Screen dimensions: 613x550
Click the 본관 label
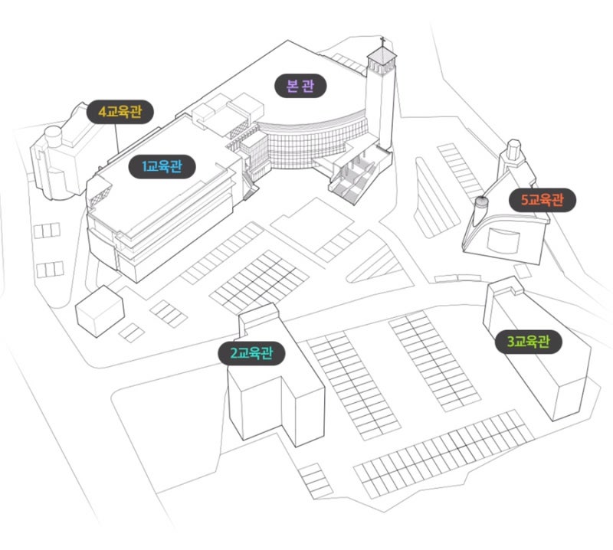point(300,86)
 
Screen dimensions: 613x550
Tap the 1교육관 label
point(162,166)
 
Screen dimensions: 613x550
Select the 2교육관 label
point(251,353)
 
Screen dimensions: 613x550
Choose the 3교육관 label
point(529,342)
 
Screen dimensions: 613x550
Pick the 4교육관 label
point(120,112)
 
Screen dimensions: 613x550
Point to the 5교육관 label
point(543,200)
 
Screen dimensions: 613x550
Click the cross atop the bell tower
point(383,41)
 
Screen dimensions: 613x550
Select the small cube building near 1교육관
point(100,311)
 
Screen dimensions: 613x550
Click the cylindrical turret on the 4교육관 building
point(53,136)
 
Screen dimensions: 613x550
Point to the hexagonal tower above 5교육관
point(513,149)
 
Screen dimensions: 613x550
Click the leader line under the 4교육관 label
point(116,138)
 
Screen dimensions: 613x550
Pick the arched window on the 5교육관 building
point(503,241)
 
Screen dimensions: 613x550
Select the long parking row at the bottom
point(444,454)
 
